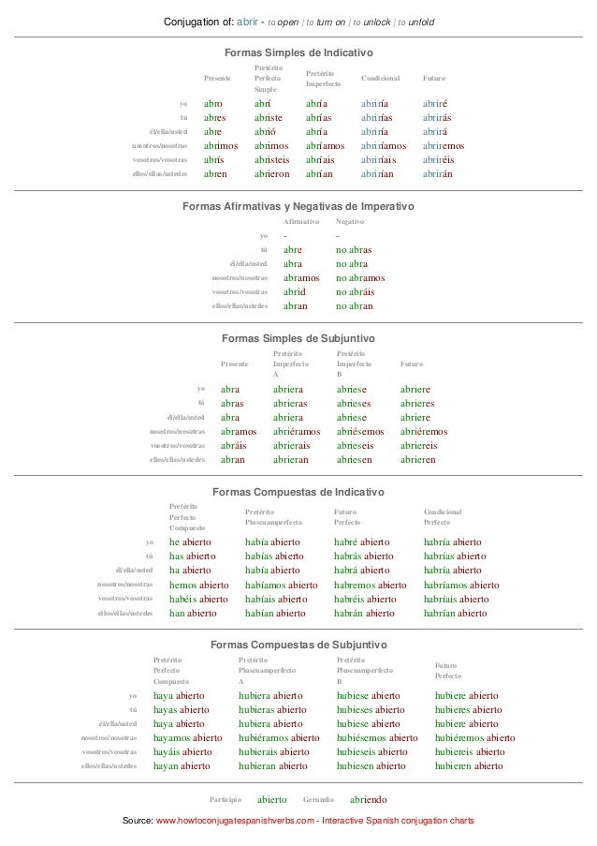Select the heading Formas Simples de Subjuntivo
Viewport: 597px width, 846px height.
click(298, 336)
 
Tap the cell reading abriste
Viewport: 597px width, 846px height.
click(272, 117)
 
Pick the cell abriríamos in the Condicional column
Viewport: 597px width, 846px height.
click(384, 145)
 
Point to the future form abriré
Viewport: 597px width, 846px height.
click(438, 103)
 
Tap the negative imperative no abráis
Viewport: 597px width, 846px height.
click(357, 291)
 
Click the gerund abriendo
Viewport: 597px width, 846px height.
click(368, 800)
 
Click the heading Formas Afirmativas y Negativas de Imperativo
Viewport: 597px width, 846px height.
click(298, 206)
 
